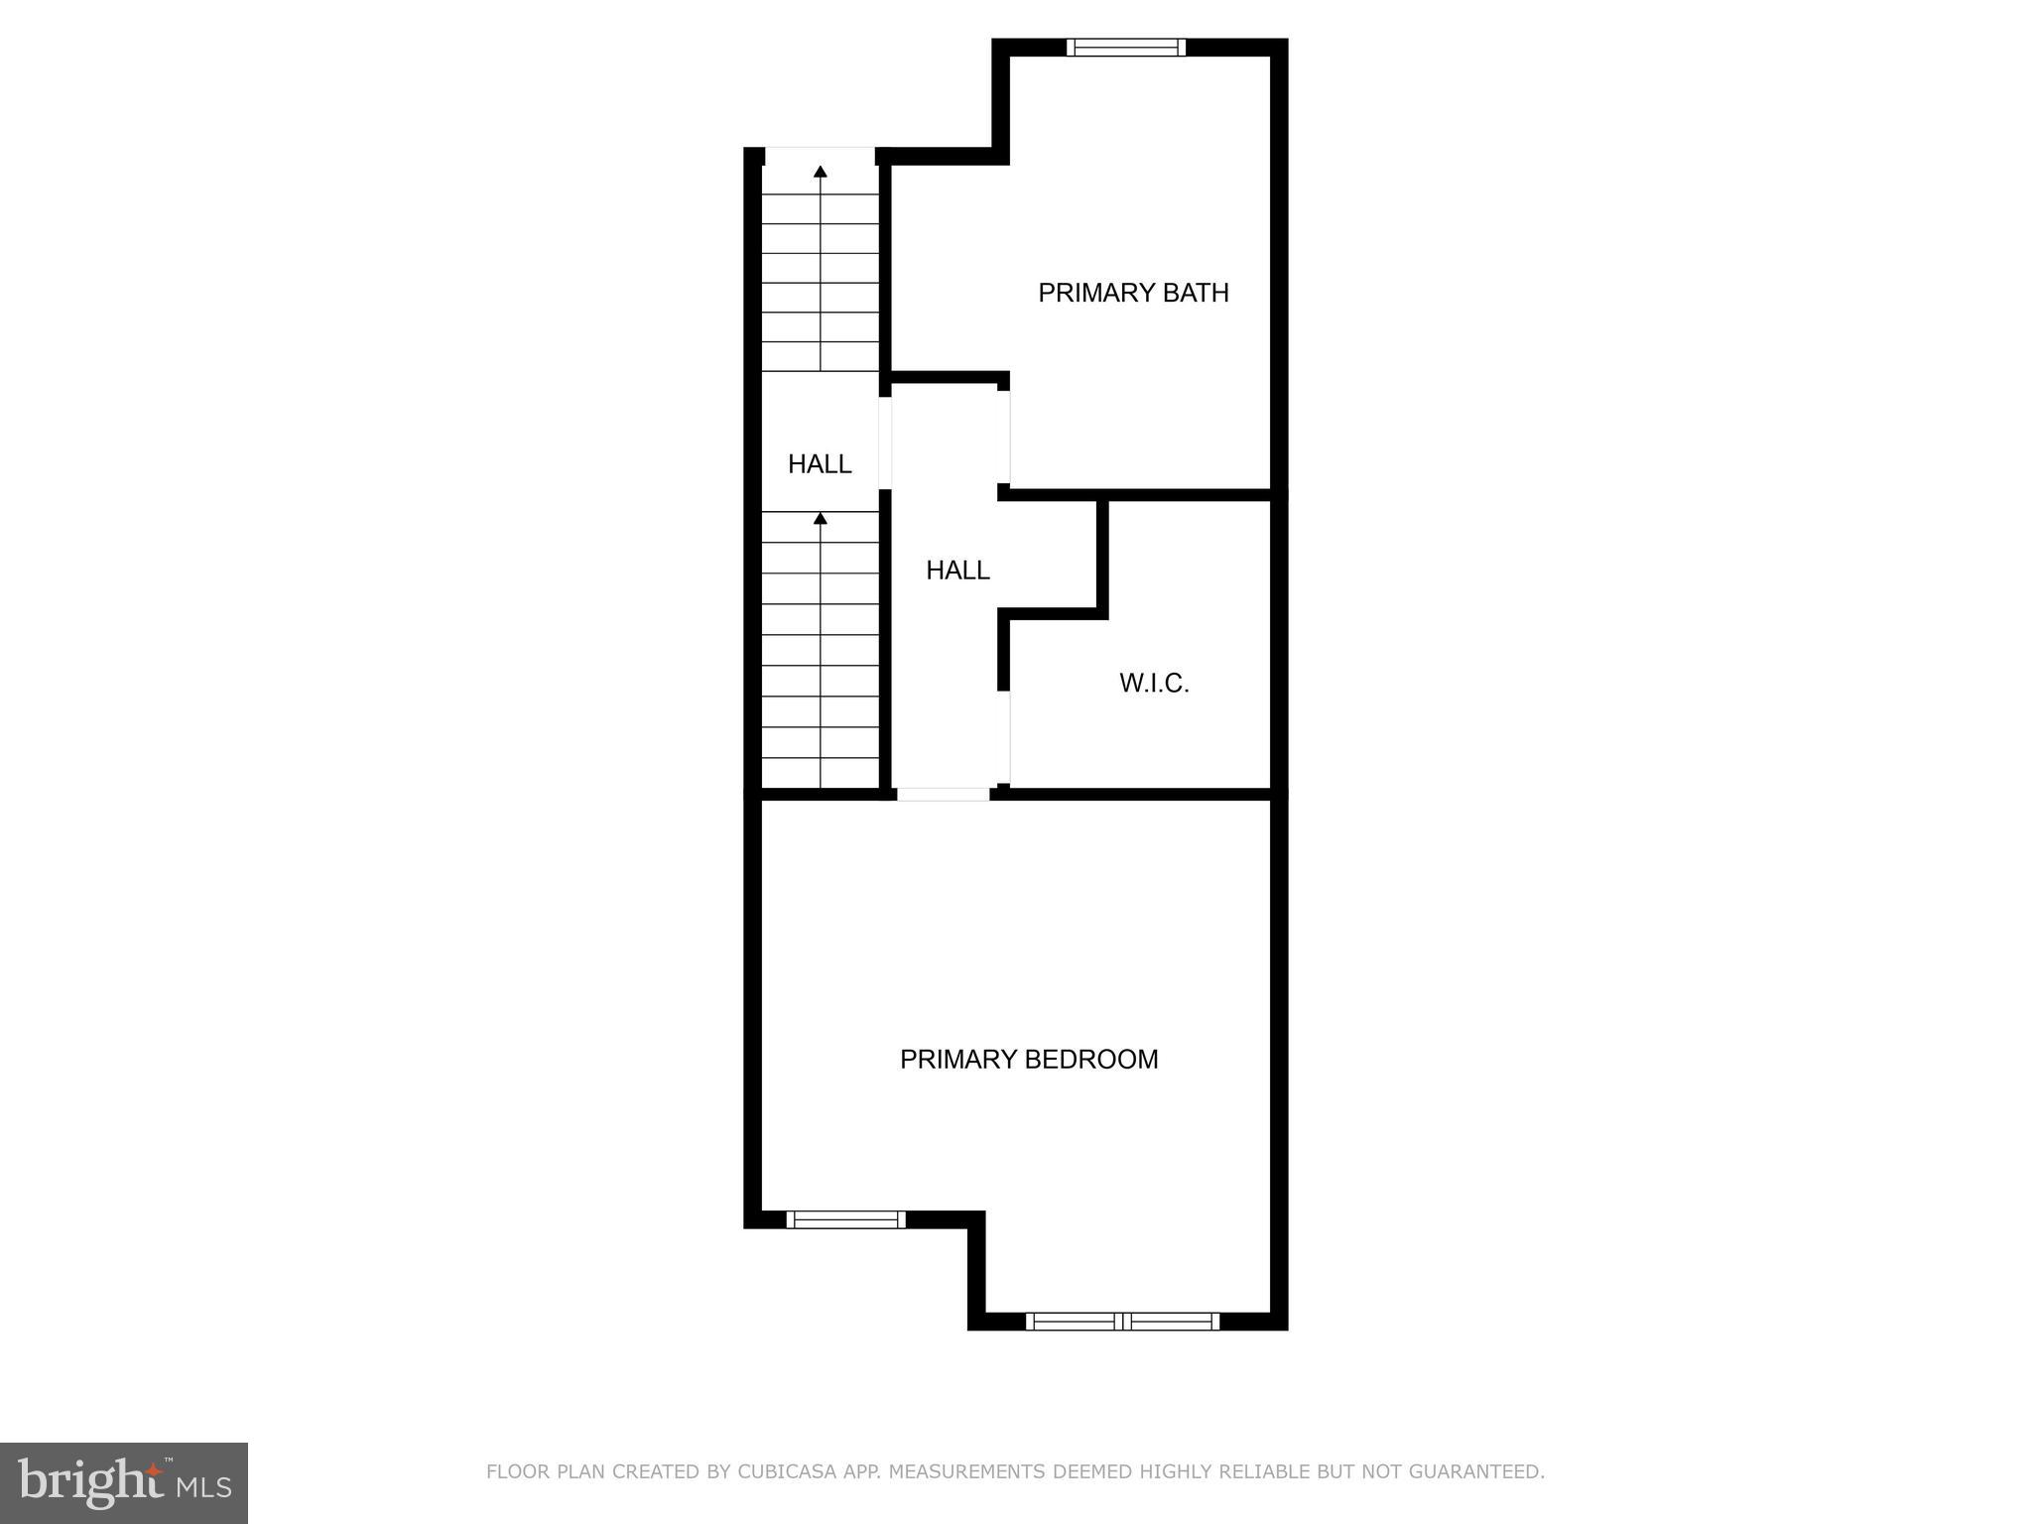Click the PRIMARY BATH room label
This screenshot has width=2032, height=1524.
[1133, 293]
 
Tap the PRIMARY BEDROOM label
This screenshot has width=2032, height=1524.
[1029, 1060]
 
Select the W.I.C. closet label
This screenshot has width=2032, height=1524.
[1154, 684]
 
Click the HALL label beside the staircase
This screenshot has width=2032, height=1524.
[820, 463]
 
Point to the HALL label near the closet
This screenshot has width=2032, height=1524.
[957, 571]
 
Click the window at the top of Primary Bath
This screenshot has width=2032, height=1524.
[1126, 47]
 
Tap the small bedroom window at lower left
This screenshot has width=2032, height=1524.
[845, 1219]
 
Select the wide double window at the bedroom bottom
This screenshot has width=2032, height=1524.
[1122, 1321]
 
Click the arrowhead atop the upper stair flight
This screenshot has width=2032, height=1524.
[821, 172]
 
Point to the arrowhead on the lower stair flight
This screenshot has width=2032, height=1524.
[821, 518]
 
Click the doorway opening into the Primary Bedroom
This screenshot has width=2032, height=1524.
[943, 794]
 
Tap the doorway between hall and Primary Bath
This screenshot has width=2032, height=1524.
[1004, 437]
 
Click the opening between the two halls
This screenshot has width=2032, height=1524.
[885, 443]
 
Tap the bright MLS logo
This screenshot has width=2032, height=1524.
[124, 1483]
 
